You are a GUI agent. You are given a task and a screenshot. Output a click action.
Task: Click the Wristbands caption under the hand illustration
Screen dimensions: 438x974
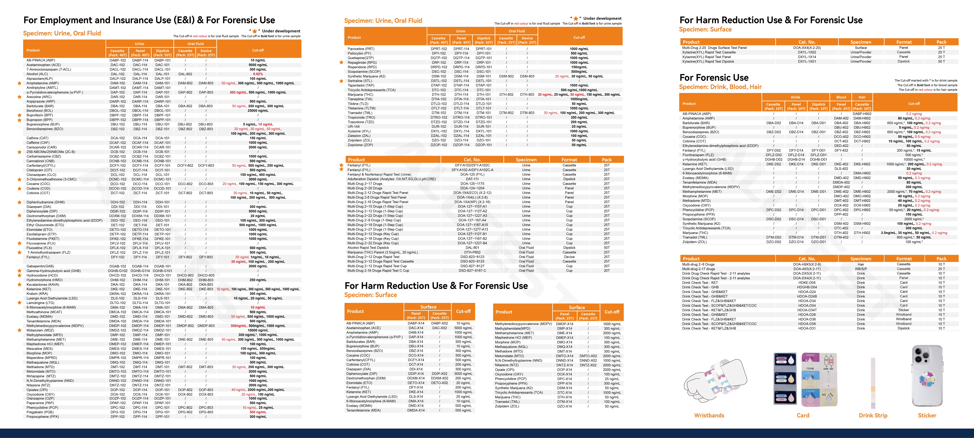point(709,415)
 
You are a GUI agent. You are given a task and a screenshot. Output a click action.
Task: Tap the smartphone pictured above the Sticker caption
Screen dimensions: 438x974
point(927,376)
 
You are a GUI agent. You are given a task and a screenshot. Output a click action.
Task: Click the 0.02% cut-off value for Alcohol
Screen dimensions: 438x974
point(258,74)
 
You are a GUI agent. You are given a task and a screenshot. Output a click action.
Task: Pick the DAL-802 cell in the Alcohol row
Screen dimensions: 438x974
point(185,74)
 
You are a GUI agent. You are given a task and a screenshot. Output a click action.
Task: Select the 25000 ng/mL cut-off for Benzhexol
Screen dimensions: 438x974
point(258,111)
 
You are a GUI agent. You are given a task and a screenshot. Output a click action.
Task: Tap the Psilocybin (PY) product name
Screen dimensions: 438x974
point(359,53)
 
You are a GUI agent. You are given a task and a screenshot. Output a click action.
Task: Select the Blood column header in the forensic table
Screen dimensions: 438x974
point(841,97)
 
